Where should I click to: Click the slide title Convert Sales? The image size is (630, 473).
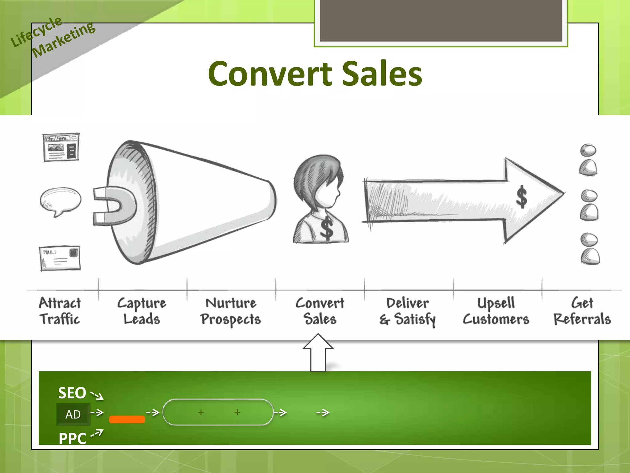pos(315,74)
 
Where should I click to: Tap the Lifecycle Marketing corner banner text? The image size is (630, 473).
pos(52,37)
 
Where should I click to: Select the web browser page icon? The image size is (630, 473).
pos(61,147)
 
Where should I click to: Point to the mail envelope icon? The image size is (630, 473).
pos(60,258)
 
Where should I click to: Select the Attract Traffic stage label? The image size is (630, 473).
pos(60,311)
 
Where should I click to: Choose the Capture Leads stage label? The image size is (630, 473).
pos(142,311)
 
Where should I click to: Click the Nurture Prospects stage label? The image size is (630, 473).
pos(231,311)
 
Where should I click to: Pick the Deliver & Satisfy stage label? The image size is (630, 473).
pos(408,311)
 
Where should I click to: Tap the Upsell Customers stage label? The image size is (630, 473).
pos(496,311)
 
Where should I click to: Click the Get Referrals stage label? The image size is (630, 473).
pos(582,311)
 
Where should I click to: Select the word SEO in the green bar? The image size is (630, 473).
pos(72,393)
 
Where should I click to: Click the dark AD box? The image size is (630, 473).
pos(73,414)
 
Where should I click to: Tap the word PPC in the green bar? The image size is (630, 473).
pos(73,438)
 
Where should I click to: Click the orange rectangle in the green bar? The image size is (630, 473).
pos(127,419)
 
